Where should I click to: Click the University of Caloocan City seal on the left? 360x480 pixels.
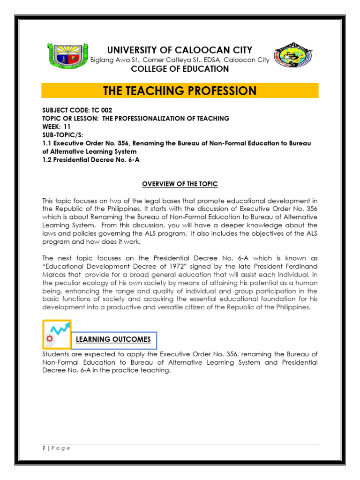(x=67, y=60)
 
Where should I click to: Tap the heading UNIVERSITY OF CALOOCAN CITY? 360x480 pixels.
(x=180, y=50)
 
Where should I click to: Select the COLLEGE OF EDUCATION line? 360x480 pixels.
(x=180, y=69)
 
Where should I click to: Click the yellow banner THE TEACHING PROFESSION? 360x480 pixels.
(x=180, y=90)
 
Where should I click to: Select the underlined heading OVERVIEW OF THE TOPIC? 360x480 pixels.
(x=180, y=184)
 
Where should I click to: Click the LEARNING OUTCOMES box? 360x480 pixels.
(x=114, y=339)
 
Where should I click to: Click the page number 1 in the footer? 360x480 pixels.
(x=44, y=448)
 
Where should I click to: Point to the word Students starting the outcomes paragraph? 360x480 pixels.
(x=56, y=354)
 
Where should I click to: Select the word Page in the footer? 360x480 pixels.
(x=61, y=448)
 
